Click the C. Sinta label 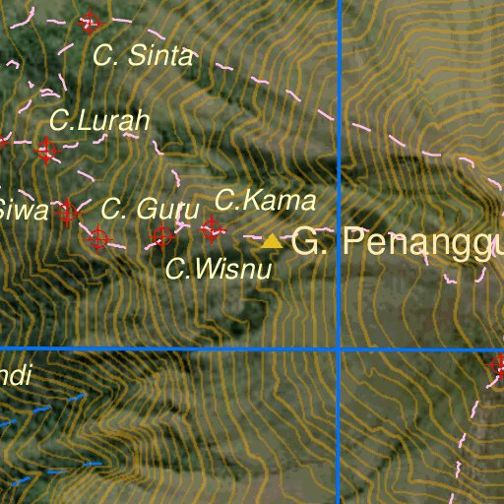pos(143,56)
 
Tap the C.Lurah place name pos(98,121)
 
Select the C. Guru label pos(150,209)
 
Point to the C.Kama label pos(265,202)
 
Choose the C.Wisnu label pos(218,268)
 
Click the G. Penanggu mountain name pos(398,242)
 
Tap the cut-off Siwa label pos(22,209)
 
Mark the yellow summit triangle pos(272,240)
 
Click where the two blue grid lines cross pos(339,348)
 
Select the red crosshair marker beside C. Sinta pos(91,22)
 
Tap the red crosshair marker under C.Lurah pos(45,151)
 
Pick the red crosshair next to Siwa pos(67,210)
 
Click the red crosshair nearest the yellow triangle pos(212,229)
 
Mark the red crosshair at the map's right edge pos(498,366)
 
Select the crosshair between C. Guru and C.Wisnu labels pos(162,235)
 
